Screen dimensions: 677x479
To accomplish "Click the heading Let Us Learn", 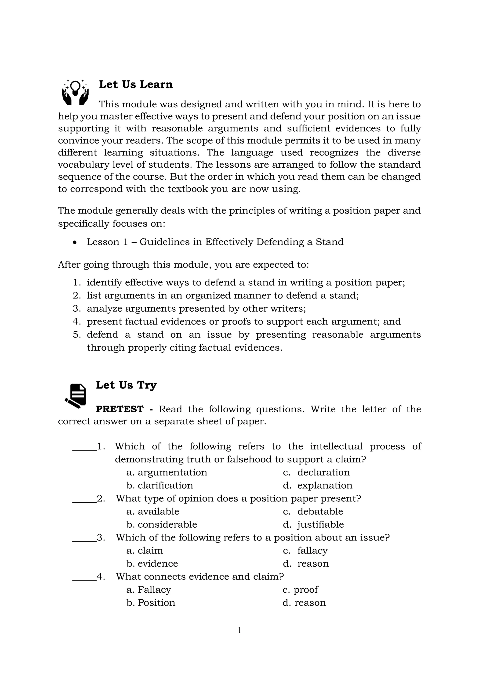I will pos(136,84).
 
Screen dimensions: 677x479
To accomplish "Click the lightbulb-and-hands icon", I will pos(75,93).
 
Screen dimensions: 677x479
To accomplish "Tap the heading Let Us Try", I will pos(126,385).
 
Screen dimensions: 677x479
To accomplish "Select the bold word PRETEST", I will pos(120,409).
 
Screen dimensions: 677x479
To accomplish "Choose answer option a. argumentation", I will pos(167,472).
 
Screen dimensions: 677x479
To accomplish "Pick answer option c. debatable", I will pos(313,511).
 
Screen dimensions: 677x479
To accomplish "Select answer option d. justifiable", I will pos(313,524).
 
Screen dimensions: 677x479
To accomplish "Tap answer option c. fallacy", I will pos(305,551).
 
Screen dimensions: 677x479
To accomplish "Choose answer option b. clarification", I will pos(160,485).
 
